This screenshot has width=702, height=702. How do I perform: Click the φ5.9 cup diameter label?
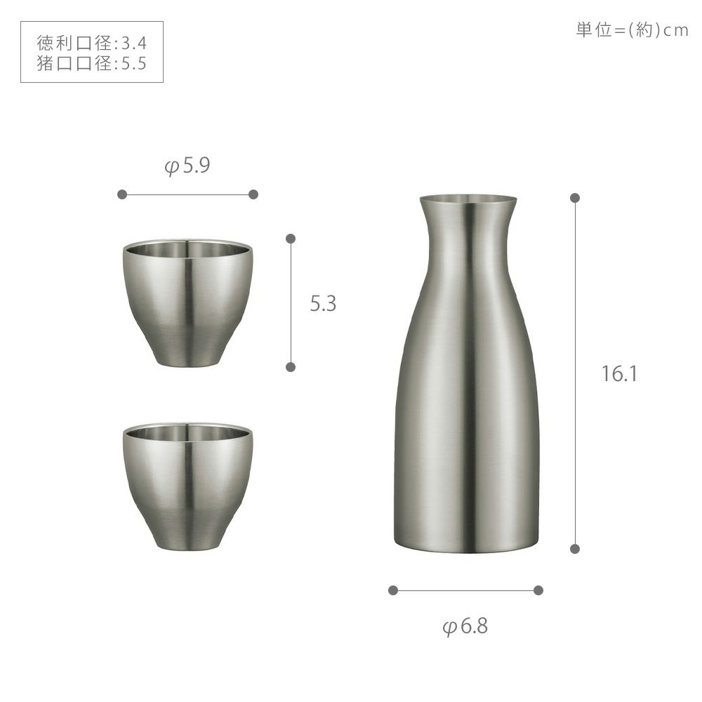tap(187, 166)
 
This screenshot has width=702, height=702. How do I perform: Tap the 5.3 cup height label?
tap(323, 303)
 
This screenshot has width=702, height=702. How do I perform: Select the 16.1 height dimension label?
tap(619, 373)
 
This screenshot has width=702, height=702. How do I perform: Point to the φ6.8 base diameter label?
tap(465, 626)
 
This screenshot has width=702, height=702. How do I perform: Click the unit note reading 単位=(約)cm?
tap(632, 30)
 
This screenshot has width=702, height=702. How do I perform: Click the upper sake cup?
tap(187, 303)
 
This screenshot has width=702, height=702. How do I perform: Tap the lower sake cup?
tap(187, 486)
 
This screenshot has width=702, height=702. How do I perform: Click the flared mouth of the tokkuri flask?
tap(468, 200)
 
